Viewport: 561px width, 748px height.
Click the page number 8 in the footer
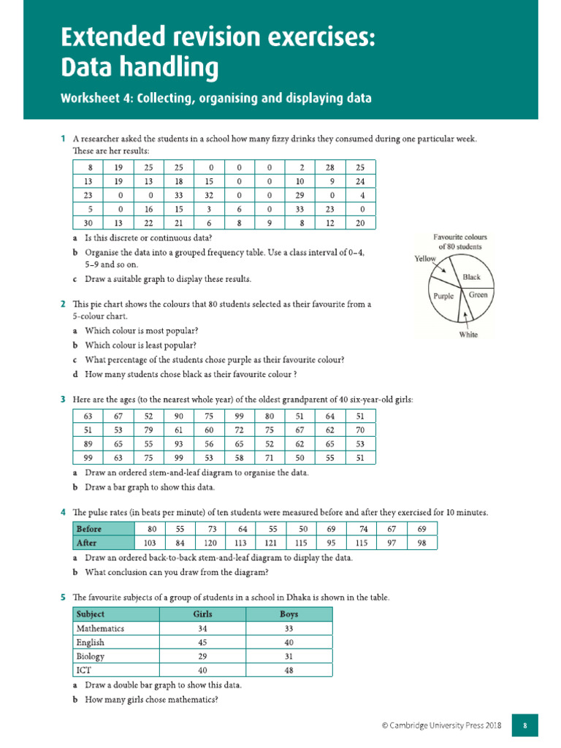pos(524,725)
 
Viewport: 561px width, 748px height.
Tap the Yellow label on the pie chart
pos(425,259)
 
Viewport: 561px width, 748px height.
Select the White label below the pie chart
pos(468,335)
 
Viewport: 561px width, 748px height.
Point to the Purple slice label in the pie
pos(443,296)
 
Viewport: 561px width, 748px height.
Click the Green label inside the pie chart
pos(478,294)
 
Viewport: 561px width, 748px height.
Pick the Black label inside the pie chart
pos(471,278)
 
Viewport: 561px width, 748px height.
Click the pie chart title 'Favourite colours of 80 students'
pos(459,242)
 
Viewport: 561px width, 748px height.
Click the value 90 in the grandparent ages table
pos(179,416)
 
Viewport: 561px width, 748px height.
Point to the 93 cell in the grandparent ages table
pos(179,443)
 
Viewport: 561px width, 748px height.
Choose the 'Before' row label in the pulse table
pos(90,528)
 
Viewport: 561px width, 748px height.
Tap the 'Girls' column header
pos(202,614)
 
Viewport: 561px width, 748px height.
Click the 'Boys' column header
pos(289,614)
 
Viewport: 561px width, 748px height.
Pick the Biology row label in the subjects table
pos(90,656)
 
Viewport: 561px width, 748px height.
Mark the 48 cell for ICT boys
pos(289,670)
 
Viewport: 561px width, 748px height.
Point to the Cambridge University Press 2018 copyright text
pos(440,725)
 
